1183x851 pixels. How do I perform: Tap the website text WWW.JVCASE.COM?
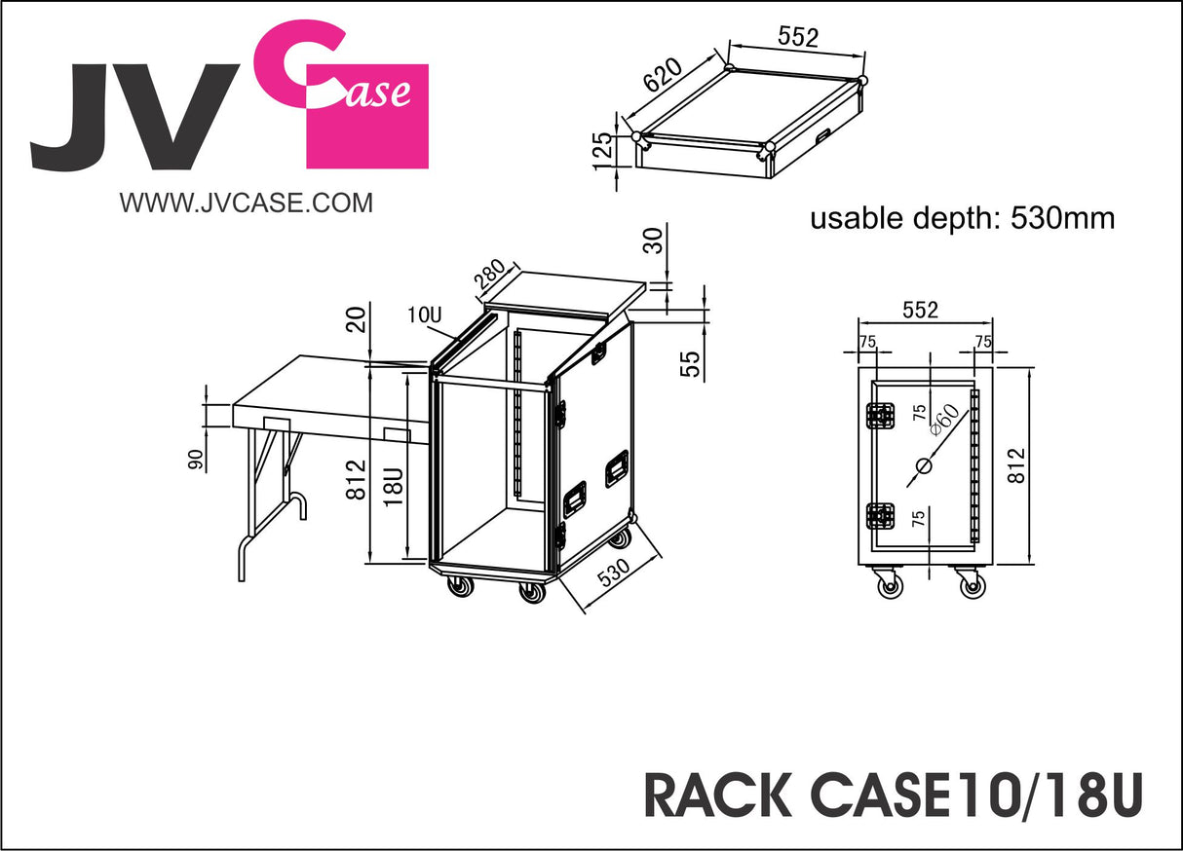(246, 203)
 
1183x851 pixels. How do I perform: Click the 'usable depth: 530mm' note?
(962, 218)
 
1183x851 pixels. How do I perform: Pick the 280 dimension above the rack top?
(489, 277)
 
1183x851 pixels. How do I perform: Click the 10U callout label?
(425, 315)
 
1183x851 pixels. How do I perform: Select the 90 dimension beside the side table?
(196, 459)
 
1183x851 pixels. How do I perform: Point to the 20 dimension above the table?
(360, 317)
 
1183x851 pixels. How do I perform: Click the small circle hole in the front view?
(923, 466)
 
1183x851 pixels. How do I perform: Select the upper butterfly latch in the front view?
(881, 416)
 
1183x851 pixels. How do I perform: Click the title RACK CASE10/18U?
(892, 795)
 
